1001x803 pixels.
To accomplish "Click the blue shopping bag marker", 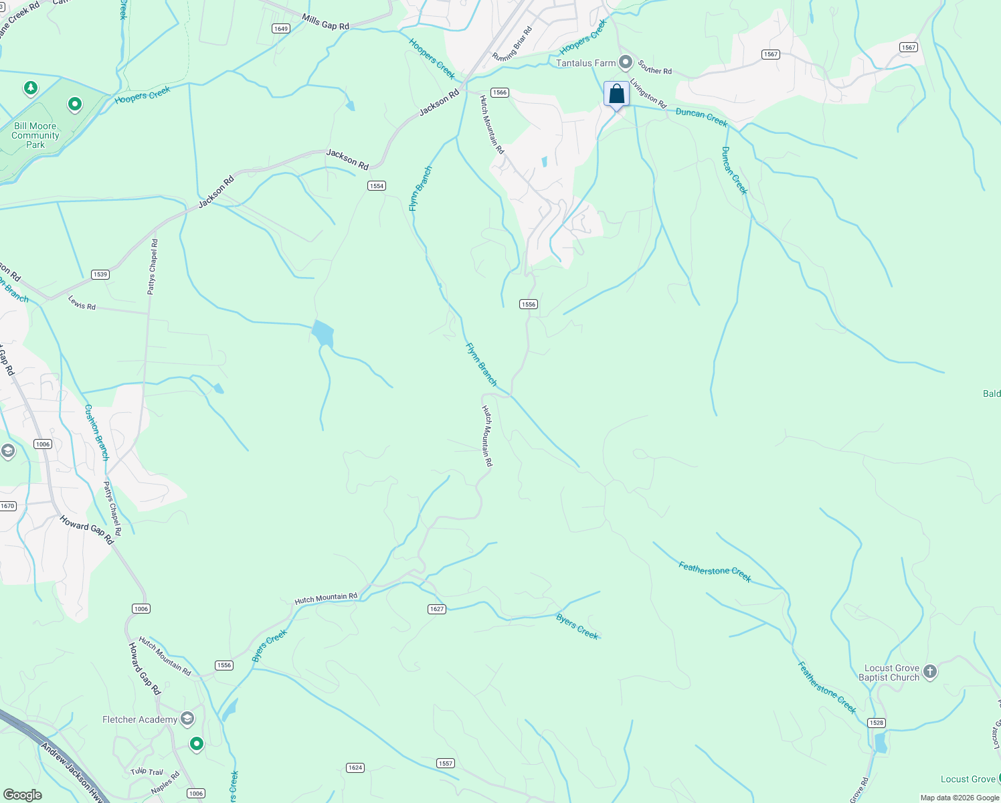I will (616, 94).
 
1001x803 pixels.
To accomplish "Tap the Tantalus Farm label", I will (585, 63).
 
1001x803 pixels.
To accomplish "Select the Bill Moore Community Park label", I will (35, 135).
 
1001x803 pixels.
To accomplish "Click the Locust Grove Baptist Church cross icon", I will (929, 671).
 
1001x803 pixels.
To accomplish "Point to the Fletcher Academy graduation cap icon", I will (187, 719).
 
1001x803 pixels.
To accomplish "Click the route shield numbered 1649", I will (280, 28).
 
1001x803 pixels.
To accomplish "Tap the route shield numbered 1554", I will (377, 185).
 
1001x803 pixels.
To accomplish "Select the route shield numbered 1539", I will (100, 274).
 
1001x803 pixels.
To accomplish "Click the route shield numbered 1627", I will (436, 609).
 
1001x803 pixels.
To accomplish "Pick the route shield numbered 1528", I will (876, 723).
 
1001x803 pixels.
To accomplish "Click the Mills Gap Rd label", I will (325, 22).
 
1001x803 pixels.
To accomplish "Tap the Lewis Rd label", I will (82, 303).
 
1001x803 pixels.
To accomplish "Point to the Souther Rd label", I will (654, 67).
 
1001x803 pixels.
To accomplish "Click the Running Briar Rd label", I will (513, 44).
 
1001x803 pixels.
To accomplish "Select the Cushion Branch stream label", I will (96, 432).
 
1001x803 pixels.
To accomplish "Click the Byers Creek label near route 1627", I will (577, 626).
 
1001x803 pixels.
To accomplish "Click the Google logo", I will (22, 795).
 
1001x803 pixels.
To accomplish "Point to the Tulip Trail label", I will (147, 772).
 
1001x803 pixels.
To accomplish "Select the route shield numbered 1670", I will (7, 506).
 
